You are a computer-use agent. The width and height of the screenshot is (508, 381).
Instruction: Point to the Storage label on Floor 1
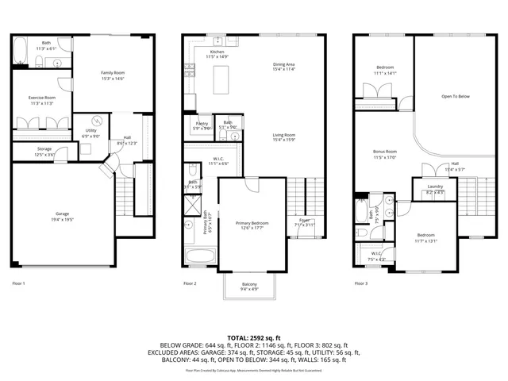(44, 151)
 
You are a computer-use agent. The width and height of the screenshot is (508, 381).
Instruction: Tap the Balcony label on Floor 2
(249, 287)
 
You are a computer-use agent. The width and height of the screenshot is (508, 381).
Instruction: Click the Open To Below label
(456, 96)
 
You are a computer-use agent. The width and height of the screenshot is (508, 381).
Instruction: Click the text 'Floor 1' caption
(18, 283)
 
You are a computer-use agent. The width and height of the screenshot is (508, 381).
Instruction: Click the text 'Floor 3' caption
(362, 283)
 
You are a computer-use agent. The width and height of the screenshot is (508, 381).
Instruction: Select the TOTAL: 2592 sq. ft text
(254, 337)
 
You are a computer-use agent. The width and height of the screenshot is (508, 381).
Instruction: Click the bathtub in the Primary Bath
(200, 256)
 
